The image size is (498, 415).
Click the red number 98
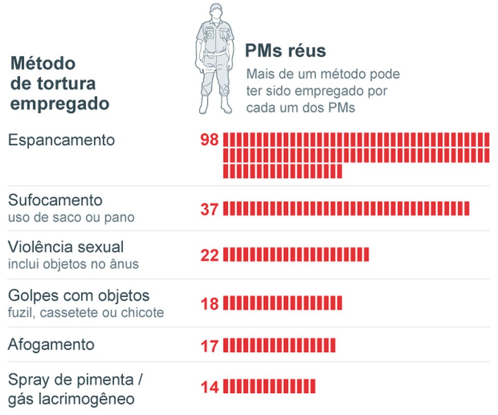209,140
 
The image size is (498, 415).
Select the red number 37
209,209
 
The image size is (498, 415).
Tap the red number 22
209,255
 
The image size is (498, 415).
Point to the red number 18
209,303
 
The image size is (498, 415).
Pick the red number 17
209,346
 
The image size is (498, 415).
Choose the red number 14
209,387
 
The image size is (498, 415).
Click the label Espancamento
61,140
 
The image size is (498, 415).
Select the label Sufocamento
55,200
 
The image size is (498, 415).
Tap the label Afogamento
51,345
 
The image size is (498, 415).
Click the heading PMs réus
285,51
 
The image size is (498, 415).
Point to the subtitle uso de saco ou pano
71,218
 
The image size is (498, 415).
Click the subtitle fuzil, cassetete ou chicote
86,313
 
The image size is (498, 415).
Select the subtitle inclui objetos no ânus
73,264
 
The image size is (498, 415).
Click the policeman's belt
216,53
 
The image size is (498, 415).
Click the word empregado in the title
60,103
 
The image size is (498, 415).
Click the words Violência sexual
66,247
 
